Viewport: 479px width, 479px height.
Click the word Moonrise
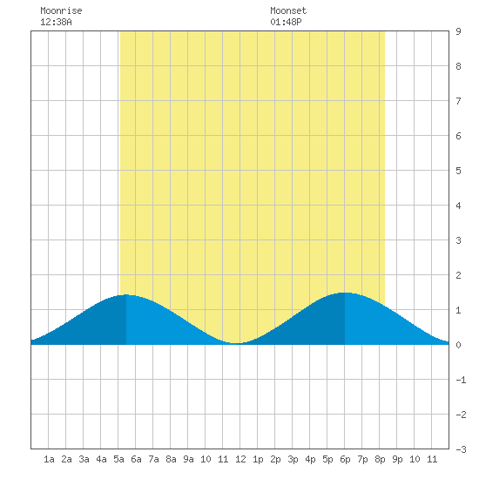point(61,10)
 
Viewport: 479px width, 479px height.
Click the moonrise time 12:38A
point(56,22)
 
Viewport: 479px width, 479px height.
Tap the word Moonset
point(288,10)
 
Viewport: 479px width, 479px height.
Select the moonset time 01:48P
point(286,22)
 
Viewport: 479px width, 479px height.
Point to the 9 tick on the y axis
point(458,31)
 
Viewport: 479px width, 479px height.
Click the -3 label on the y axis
point(461,449)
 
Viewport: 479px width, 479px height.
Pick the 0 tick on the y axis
point(458,345)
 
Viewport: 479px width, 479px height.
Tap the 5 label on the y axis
point(458,171)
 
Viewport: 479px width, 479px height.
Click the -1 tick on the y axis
point(461,380)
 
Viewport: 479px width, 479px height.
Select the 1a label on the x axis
point(49,459)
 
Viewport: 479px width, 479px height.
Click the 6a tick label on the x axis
point(136,459)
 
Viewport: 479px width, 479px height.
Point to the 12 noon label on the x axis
point(240,459)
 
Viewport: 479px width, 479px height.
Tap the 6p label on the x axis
point(345,459)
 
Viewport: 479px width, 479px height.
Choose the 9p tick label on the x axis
point(397,459)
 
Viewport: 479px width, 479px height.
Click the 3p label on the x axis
point(293,459)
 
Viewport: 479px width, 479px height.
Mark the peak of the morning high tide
point(126,294)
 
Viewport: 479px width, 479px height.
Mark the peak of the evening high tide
point(345,293)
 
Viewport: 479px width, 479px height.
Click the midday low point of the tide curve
point(235,343)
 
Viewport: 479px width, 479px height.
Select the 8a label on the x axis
point(171,459)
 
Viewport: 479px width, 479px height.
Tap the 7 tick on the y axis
point(458,101)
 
